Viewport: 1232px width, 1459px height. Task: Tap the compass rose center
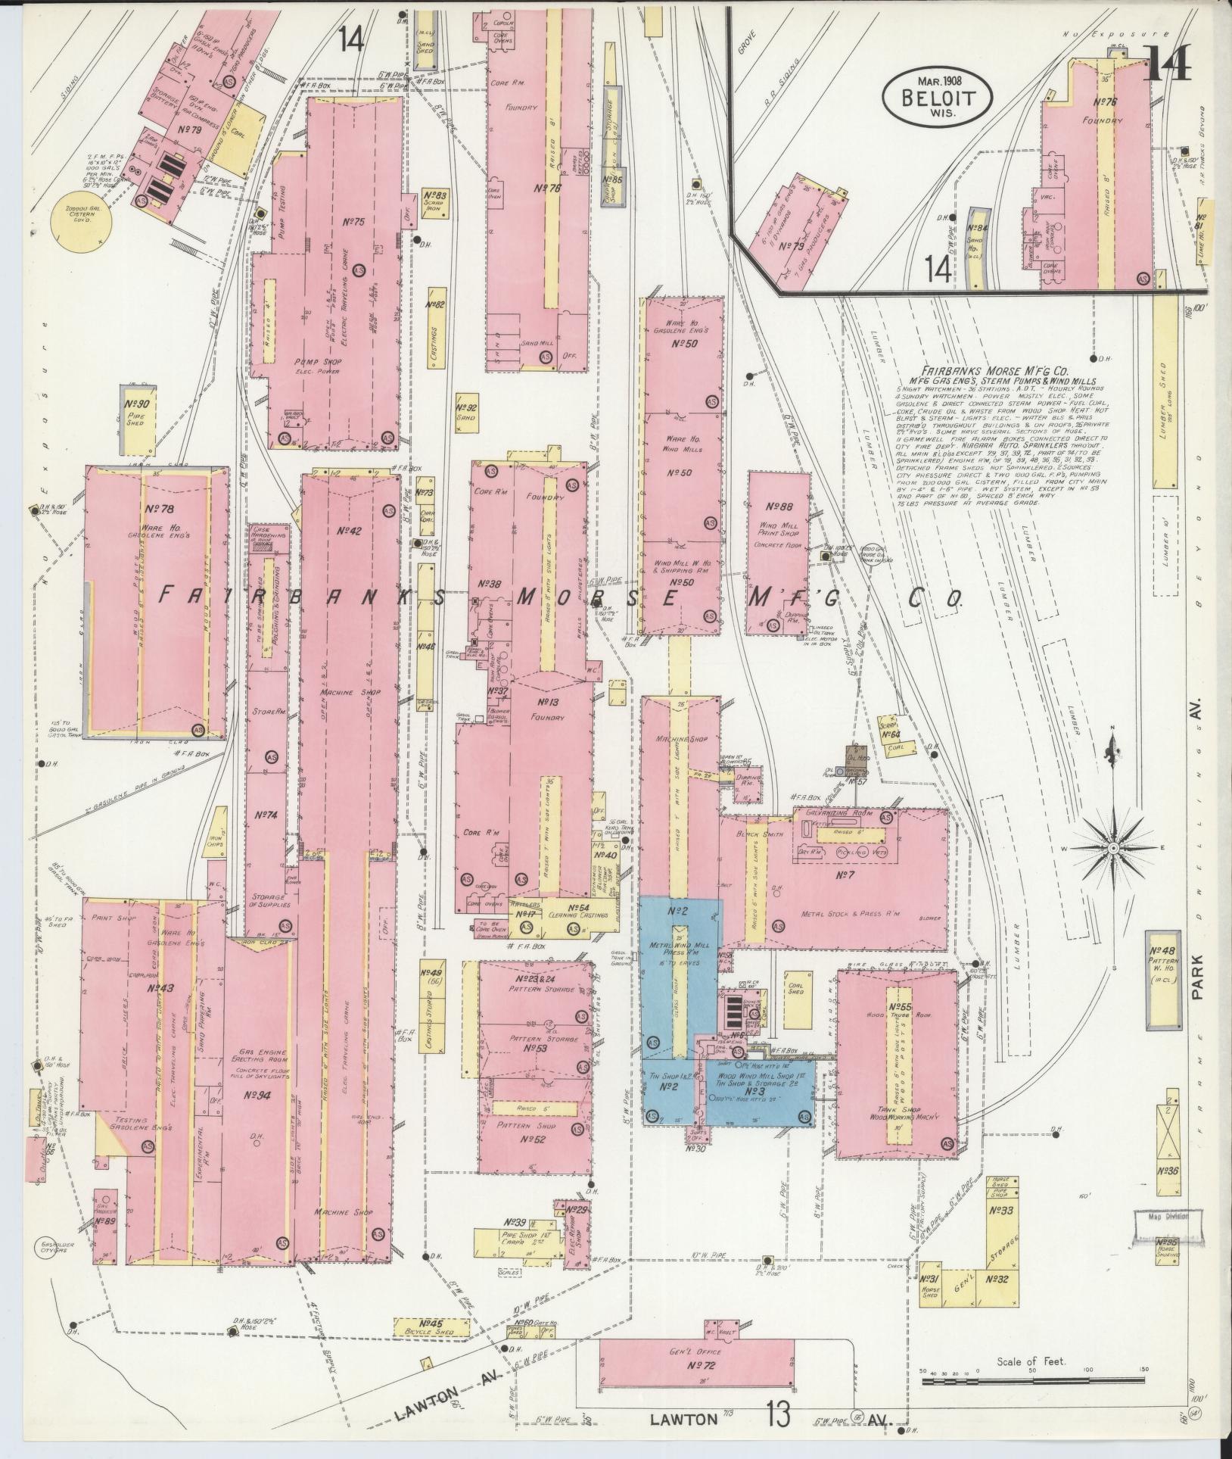click(x=1112, y=850)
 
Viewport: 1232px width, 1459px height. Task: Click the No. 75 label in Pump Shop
click(x=353, y=223)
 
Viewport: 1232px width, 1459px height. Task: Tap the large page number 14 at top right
click(x=1165, y=62)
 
